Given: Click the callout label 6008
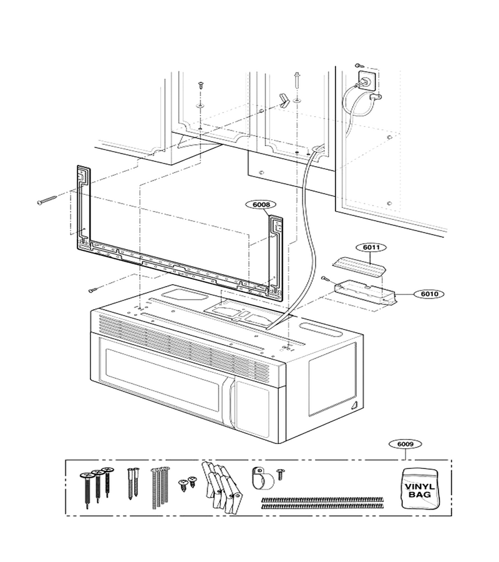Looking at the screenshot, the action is click(x=261, y=204).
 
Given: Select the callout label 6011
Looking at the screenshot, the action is click(x=371, y=247).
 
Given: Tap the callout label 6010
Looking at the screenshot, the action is click(x=429, y=294).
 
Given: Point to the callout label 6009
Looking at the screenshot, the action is click(x=405, y=444).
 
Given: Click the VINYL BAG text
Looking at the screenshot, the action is click(x=420, y=491).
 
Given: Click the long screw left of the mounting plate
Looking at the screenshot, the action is click(x=47, y=200).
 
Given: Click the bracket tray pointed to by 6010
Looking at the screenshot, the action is click(x=366, y=293).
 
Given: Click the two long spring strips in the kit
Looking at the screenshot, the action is click(x=322, y=503).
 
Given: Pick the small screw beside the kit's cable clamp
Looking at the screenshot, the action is click(x=281, y=474).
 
